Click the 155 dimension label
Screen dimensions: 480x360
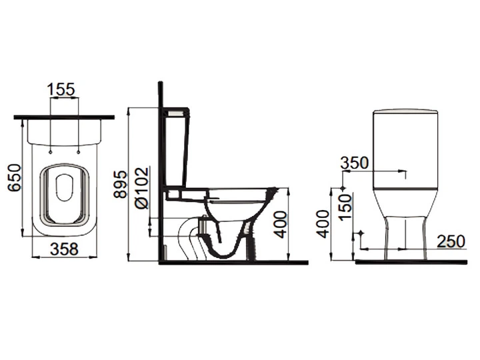point(61,89)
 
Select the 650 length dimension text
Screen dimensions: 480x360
point(15,178)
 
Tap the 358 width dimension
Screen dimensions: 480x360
point(64,249)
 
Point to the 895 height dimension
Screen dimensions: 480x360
point(120,184)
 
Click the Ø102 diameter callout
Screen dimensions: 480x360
point(142,188)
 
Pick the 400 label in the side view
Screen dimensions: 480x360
point(281,225)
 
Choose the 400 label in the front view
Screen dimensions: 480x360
point(323,224)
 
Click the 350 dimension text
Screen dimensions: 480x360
point(355,163)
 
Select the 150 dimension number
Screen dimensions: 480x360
point(345,207)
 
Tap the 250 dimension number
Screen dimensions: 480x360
point(451,241)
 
